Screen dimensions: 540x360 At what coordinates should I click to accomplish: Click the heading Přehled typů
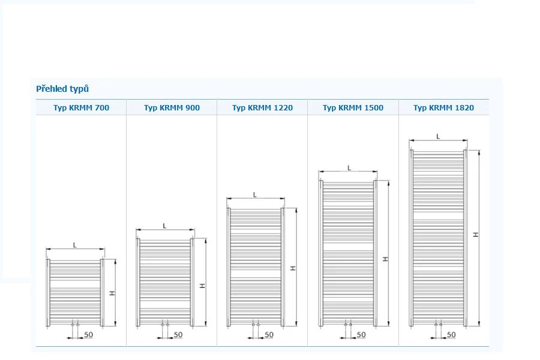point(62,89)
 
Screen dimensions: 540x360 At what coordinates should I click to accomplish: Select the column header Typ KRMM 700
point(81,107)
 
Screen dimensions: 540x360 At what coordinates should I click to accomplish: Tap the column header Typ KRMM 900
point(172,107)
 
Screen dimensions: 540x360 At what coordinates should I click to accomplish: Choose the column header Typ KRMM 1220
point(262,107)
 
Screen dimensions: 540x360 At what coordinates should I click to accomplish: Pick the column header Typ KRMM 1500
point(353,107)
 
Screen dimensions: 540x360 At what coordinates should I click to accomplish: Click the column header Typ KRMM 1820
point(443,107)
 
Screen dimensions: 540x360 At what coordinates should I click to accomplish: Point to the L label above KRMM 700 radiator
point(75,245)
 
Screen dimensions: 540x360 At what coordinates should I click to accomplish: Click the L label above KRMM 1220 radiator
point(255,194)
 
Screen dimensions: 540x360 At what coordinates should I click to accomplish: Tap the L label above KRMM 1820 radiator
point(438,136)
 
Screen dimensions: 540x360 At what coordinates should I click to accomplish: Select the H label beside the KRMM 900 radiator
point(203,286)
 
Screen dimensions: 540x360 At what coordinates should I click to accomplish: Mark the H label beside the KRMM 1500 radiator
point(385,259)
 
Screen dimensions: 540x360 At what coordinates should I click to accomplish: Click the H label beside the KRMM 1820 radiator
point(476,234)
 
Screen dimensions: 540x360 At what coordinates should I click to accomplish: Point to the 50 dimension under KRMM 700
point(89,335)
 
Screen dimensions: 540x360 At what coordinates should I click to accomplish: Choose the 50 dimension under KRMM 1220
point(269,335)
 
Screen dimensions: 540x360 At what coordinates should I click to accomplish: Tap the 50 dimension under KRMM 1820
point(451,335)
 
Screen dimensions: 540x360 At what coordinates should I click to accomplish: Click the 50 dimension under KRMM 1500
point(361,335)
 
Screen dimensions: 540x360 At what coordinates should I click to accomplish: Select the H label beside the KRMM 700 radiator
point(112,293)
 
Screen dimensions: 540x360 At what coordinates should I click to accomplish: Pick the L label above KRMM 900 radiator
point(164,226)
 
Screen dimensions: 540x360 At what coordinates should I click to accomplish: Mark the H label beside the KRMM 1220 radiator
point(293,268)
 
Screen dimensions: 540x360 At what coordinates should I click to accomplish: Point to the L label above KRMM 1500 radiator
point(349,168)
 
